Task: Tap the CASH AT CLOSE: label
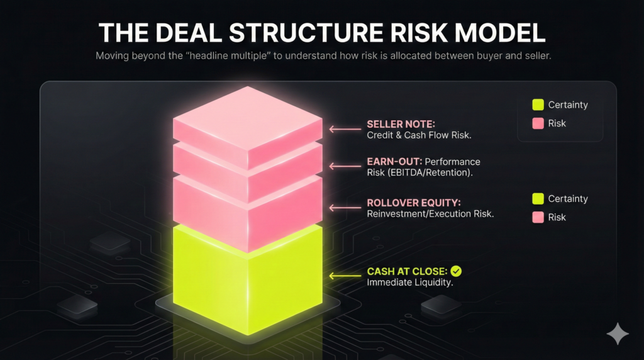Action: click(x=407, y=271)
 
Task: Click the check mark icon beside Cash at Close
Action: click(x=457, y=271)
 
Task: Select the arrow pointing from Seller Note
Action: click(x=344, y=130)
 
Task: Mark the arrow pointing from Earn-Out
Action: click(x=344, y=167)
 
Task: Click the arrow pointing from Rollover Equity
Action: click(x=344, y=208)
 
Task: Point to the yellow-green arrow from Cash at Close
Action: click(x=344, y=276)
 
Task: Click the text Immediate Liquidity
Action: click(x=410, y=283)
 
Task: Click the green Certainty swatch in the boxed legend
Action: click(x=538, y=105)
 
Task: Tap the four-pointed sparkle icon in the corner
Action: click(x=618, y=334)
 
